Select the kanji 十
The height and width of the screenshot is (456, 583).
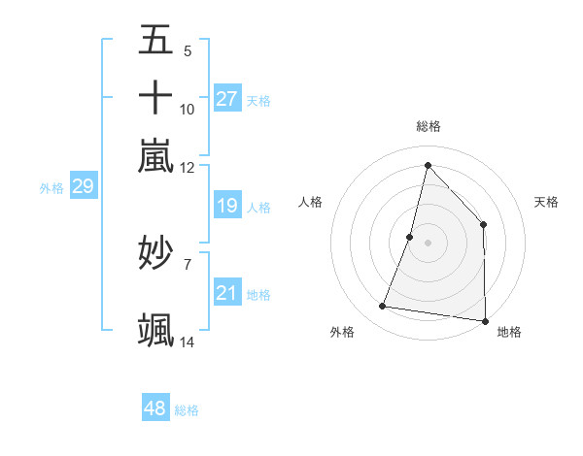click(x=155, y=97)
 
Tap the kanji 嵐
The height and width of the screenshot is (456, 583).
click(x=155, y=154)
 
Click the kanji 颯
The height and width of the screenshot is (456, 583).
click(x=155, y=329)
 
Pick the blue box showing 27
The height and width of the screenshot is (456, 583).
click(x=227, y=99)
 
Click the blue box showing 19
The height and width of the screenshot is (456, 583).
click(x=227, y=206)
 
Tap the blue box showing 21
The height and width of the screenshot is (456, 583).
click(x=227, y=293)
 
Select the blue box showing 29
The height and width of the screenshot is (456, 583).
click(x=83, y=187)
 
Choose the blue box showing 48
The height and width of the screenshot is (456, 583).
click(x=155, y=408)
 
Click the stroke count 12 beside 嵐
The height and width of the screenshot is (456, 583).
click(x=188, y=167)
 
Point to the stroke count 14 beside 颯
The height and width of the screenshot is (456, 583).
click(x=188, y=342)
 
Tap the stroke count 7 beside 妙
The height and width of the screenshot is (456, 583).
click(x=188, y=263)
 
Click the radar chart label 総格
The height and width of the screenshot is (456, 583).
click(x=429, y=126)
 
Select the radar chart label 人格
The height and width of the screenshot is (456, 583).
click(x=311, y=202)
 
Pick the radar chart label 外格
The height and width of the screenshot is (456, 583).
click(x=342, y=332)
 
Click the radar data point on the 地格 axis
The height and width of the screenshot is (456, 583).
click(x=485, y=320)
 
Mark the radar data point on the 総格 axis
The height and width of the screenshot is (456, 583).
click(x=428, y=165)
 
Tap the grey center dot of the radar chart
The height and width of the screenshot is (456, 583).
click(x=428, y=243)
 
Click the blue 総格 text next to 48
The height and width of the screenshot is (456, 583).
click(x=187, y=410)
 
